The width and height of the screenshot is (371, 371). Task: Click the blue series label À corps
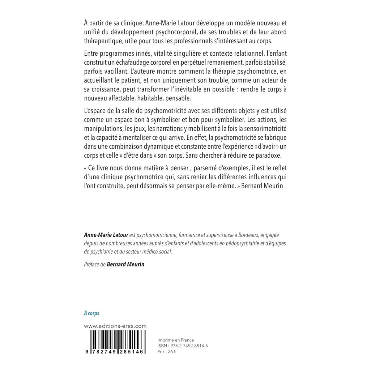(92, 313)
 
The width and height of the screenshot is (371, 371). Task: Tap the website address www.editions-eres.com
(115, 326)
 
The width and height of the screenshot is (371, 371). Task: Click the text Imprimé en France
(176, 340)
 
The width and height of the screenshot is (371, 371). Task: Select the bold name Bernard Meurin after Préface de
(126, 265)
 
